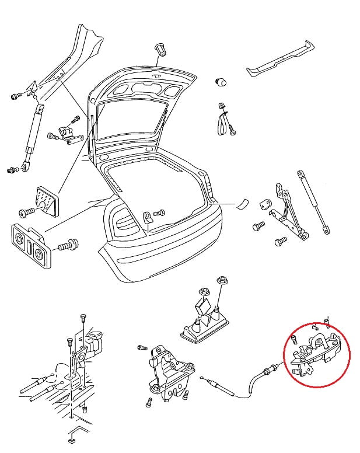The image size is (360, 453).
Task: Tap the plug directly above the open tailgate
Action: (x=162, y=50)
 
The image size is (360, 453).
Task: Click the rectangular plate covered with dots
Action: (x=46, y=201)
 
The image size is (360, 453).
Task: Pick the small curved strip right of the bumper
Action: (x=242, y=204)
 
